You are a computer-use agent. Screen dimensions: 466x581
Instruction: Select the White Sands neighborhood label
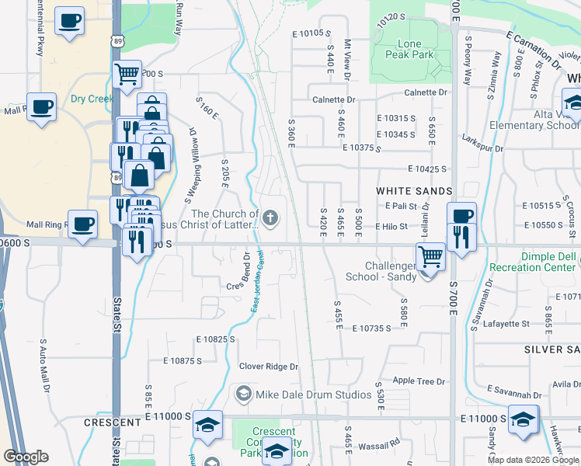(414, 190)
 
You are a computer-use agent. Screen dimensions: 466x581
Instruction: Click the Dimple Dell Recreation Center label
(538, 262)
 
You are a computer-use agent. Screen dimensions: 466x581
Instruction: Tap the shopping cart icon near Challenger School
(431, 256)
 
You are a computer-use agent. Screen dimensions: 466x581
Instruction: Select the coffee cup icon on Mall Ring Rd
(82, 224)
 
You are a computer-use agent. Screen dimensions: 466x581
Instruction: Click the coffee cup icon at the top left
(69, 20)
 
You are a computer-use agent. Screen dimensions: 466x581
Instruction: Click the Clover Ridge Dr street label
(269, 366)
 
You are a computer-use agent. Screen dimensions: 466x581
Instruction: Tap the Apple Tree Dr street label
(419, 381)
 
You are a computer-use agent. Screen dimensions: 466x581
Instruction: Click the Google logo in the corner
(26, 457)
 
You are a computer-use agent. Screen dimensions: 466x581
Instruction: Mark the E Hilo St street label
(396, 226)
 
